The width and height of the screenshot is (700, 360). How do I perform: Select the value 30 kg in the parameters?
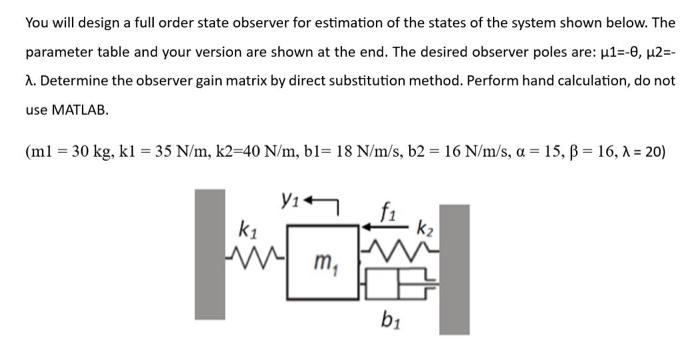(x=95, y=154)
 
